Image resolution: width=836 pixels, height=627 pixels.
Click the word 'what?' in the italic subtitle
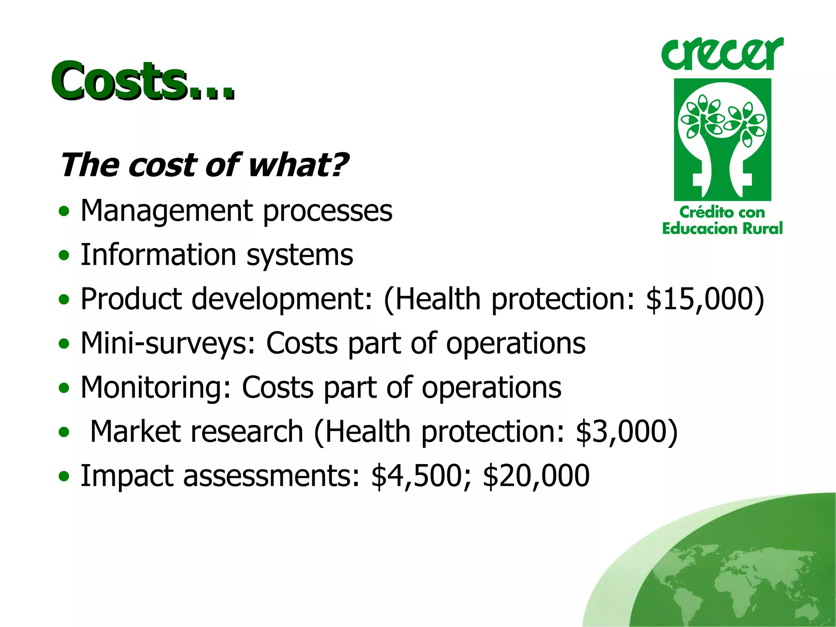tap(298, 165)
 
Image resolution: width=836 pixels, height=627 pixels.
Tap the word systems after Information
tap(300, 255)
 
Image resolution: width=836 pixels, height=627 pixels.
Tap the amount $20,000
tap(536, 476)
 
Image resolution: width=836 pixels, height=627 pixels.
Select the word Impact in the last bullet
tap(127, 476)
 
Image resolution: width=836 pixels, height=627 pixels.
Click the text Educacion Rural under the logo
tap(722, 229)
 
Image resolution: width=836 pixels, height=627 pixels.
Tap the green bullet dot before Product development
tap(64, 300)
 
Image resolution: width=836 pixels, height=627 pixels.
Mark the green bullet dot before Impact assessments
tap(64, 476)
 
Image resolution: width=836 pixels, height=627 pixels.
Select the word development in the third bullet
tap(282, 300)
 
